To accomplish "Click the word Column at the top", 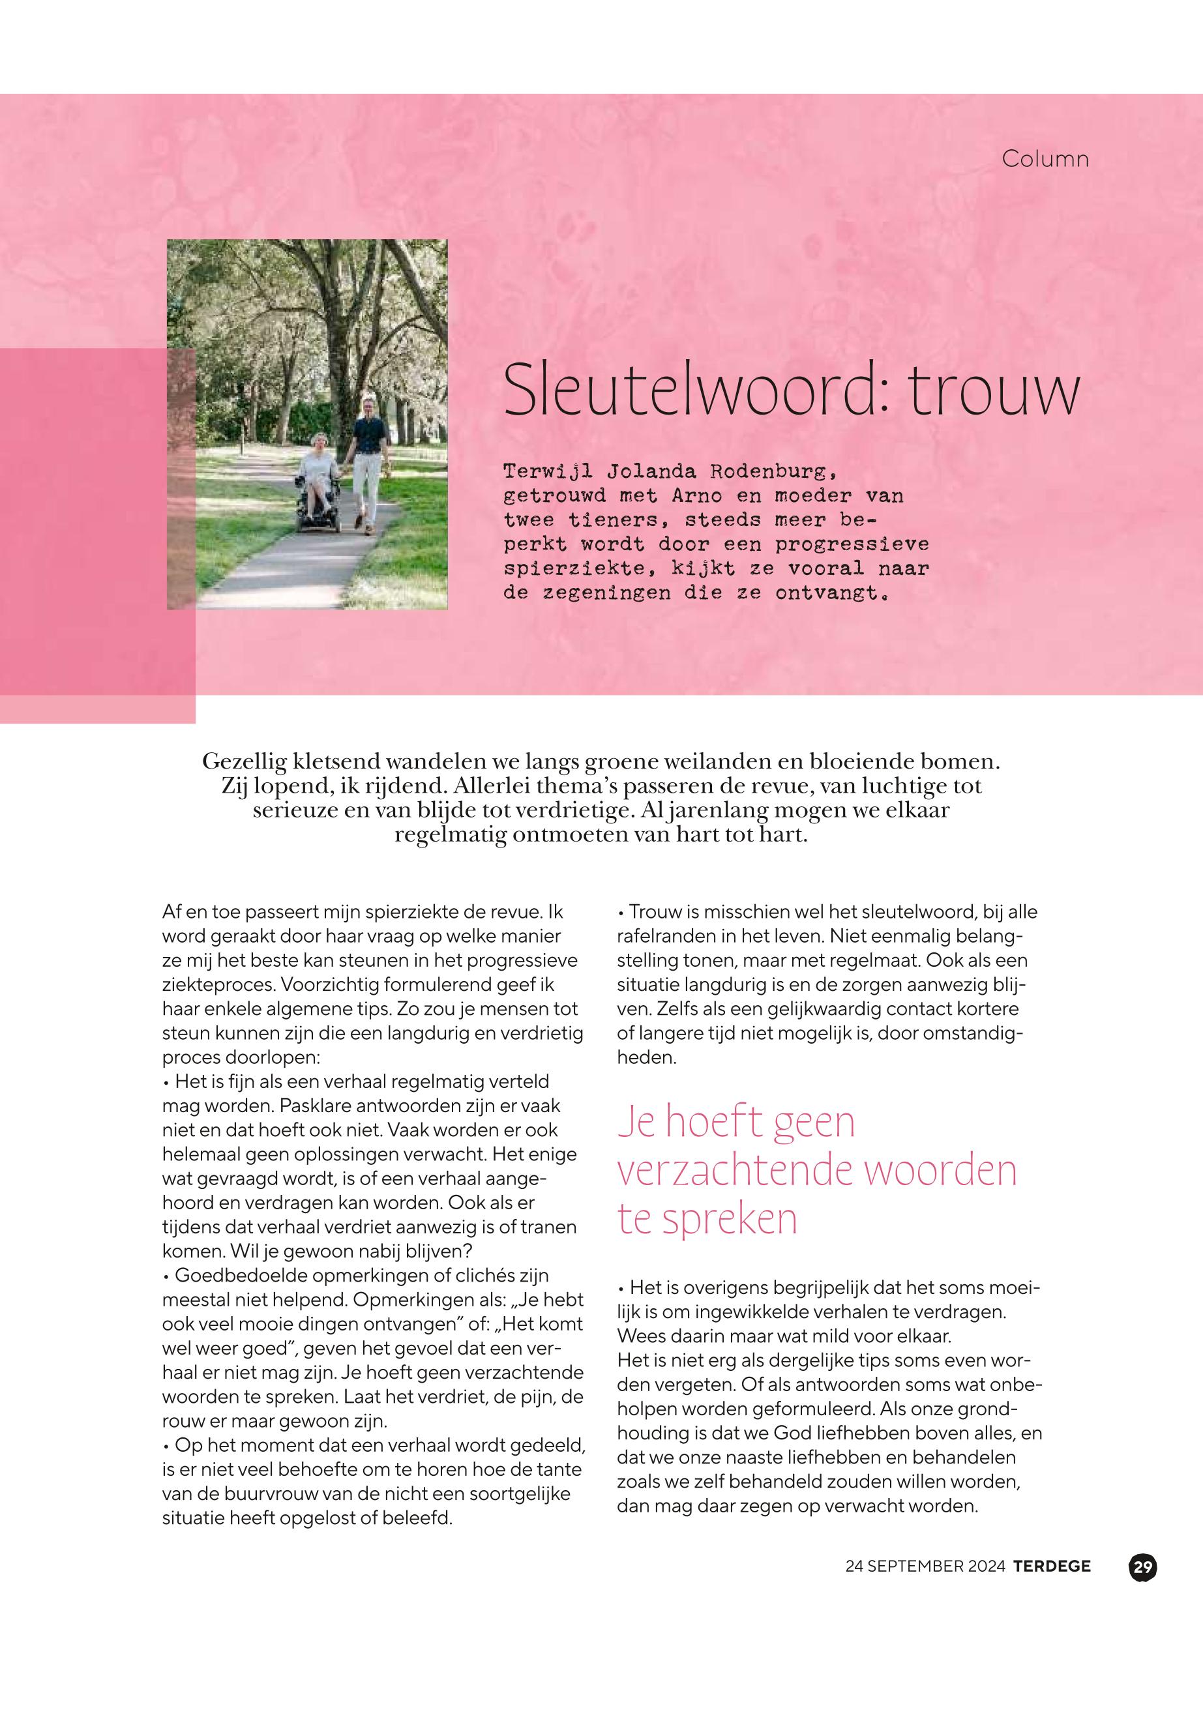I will [x=1045, y=159].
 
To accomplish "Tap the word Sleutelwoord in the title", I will [x=687, y=390].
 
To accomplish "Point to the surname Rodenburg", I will [x=773, y=472].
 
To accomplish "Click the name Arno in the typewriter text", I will [x=696, y=496].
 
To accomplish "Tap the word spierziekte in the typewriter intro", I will [x=574, y=568].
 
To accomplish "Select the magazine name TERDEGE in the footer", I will [x=1052, y=1566].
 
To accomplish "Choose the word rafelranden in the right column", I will [x=666, y=936].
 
